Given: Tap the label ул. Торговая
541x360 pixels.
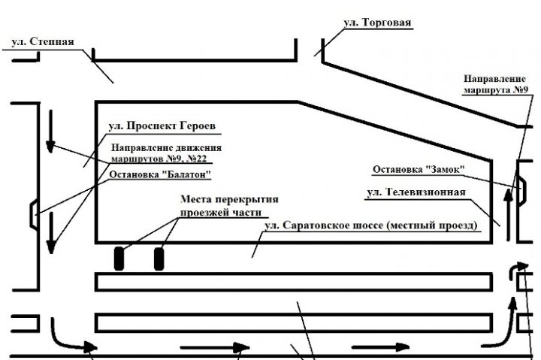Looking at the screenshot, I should click(x=377, y=23).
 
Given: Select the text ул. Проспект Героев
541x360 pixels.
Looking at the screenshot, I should click(x=158, y=126).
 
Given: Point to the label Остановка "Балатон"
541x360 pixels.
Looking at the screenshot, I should click(x=159, y=175).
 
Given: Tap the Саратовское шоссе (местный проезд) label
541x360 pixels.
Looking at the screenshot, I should click(x=371, y=226).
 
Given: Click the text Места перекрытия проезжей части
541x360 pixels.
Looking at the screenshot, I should click(x=229, y=206).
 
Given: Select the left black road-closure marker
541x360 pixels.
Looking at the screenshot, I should click(x=119, y=258).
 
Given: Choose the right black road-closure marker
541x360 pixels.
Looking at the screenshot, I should click(x=159, y=258).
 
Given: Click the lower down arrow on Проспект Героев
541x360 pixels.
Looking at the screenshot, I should click(x=50, y=234).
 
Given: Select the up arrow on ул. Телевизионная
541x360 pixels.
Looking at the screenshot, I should click(x=510, y=215).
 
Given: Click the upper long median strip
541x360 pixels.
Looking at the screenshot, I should click(x=293, y=281).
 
